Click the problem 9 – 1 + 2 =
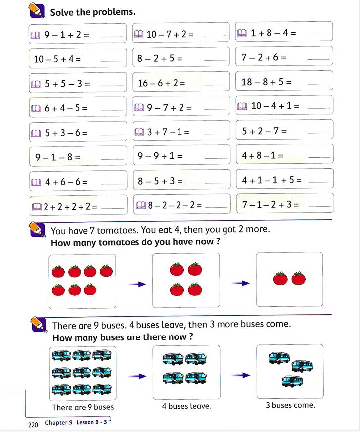[x=66, y=35]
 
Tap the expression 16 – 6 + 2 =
[x=162, y=83]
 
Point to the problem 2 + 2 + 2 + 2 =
[x=70, y=207]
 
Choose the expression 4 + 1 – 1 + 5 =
[x=271, y=180]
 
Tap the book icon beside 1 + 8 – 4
[x=241, y=33]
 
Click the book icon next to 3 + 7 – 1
[x=139, y=132]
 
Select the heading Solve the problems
[x=92, y=11]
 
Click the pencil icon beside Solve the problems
[x=37, y=10]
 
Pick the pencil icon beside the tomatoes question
[x=37, y=230]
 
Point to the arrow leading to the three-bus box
[x=239, y=376]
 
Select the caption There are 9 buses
[x=83, y=407]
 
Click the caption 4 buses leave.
[x=186, y=406]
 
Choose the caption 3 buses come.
[x=290, y=405]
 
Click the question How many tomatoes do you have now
[x=135, y=243]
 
